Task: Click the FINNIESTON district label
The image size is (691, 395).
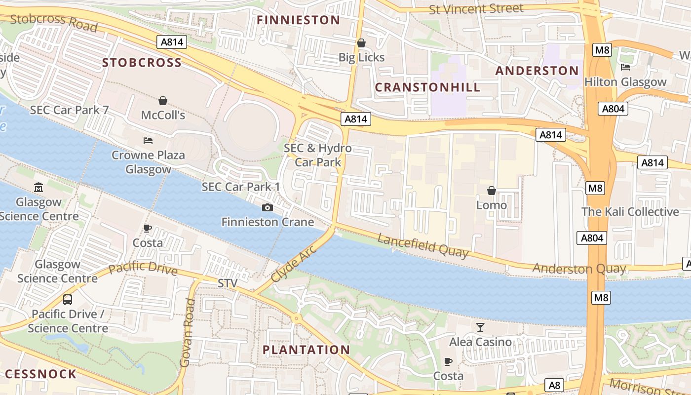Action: click(299, 20)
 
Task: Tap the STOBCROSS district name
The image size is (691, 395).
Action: click(142, 63)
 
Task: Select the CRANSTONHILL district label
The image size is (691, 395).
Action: click(427, 87)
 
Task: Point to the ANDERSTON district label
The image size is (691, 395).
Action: click(537, 71)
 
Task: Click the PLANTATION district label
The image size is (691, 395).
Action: click(306, 350)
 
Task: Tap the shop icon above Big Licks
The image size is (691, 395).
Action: click(361, 43)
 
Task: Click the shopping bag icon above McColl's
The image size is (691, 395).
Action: click(163, 101)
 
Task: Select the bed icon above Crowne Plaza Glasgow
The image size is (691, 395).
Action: click(148, 141)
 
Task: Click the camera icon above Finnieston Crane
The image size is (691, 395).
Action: click(268, 208)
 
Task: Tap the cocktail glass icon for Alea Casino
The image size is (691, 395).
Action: click(480, 327)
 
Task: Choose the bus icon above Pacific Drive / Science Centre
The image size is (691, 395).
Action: click(68, 300)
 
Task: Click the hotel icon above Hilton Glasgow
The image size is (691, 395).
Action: click(625, 67)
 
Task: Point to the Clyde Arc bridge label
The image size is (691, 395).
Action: click(293, 263)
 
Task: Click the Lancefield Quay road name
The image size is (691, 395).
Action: click(423, 245)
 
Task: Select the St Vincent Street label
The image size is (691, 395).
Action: click(476, 9)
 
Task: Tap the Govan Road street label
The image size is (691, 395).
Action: click(186, 332)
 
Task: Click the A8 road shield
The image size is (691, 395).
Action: click(554, 385)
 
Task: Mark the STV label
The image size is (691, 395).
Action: click(228, 283)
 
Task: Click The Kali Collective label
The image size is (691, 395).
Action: click(630, 212)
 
